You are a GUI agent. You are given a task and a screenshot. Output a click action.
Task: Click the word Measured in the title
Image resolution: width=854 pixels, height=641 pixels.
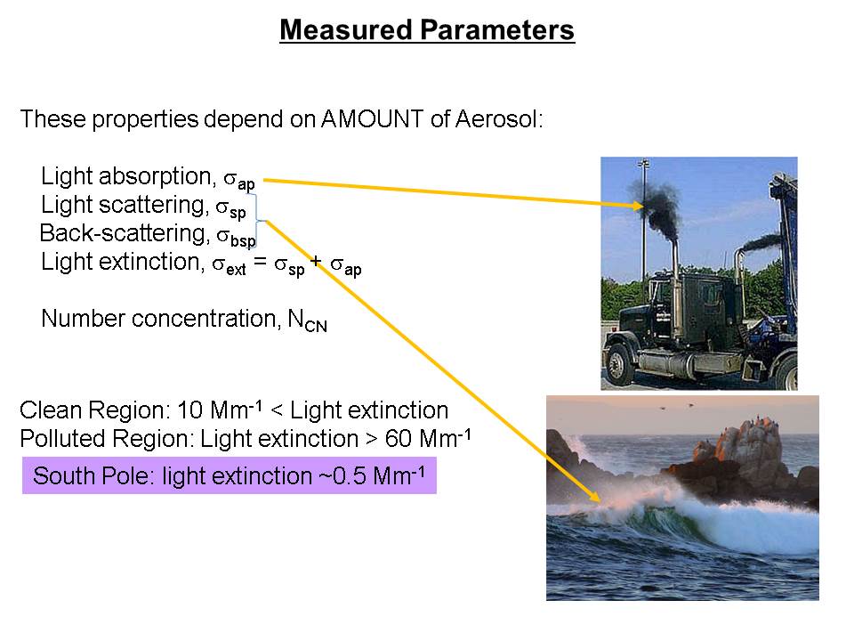click(x=345, y=30)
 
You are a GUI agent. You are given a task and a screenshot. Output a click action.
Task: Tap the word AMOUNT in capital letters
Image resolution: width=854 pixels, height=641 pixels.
click(x=373, y=118)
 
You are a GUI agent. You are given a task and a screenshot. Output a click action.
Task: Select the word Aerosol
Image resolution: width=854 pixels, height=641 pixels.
click(x=498, y=118)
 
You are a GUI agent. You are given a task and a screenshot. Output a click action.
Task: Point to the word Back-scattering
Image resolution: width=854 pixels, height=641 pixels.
click(x=125, y=233)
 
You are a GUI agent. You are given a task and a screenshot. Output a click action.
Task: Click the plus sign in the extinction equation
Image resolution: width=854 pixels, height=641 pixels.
click(x=316, y=262)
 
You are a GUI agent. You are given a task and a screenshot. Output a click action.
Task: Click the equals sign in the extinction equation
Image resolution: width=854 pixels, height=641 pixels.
click(x=261, y=262)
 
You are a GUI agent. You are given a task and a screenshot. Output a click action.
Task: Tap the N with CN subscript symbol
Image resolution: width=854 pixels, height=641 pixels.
click(x=307, y=320)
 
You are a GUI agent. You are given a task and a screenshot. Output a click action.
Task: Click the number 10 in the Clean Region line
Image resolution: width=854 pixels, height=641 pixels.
click(x=190, y=410)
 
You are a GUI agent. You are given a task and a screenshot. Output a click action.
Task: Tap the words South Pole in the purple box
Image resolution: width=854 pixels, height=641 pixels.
click(x=91, y=475)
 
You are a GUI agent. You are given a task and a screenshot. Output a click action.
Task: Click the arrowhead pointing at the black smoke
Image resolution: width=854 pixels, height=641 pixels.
click(x=636, y=206)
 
